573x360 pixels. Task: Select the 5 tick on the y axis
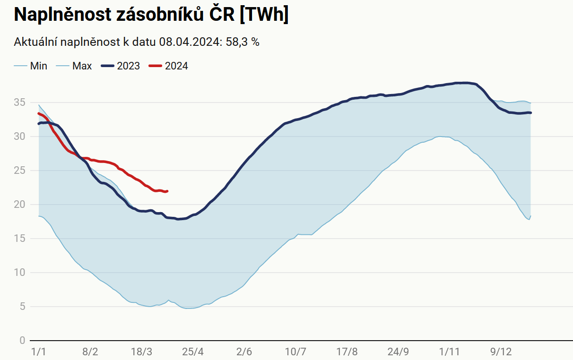click(22, 307)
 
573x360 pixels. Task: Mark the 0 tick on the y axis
click(22, 341)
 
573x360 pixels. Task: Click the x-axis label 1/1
click(38, 352)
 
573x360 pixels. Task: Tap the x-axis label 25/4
click(192, 352)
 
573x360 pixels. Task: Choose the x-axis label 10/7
click(295, 352)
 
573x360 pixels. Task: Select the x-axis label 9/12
click(501, 352)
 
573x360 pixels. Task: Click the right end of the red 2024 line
click(168, 191)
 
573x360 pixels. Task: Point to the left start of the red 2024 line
click(39, 113)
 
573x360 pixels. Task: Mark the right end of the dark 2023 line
click(531, 112)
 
